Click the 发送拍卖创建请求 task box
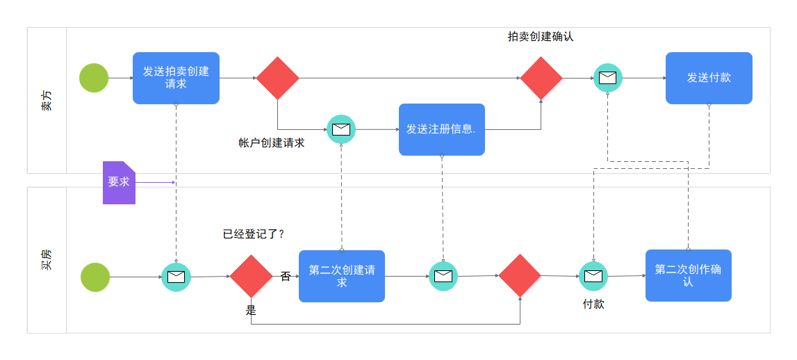coord(176,78)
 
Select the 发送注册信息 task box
coord(441,129)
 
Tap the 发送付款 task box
coord(709,78)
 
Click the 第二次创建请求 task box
coord(342,276)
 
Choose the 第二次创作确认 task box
coord(688,275)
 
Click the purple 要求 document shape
coord(119,183)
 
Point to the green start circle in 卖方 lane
coord(94,78)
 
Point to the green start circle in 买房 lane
coord(95,277)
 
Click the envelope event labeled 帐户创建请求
coord(341,129)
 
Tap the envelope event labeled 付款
coord(593,276)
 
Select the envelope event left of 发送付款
coord(607,78)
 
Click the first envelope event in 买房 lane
coord(176,277)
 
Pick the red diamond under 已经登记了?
coord(251,276)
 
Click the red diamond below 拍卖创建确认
coord(541,78)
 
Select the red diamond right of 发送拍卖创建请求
coord(277,78)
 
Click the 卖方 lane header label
coord(46,100)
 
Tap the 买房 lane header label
coord(46,260)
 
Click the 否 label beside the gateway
coord(286,276)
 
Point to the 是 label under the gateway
coord(251,310)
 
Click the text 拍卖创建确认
coord(541,37)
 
